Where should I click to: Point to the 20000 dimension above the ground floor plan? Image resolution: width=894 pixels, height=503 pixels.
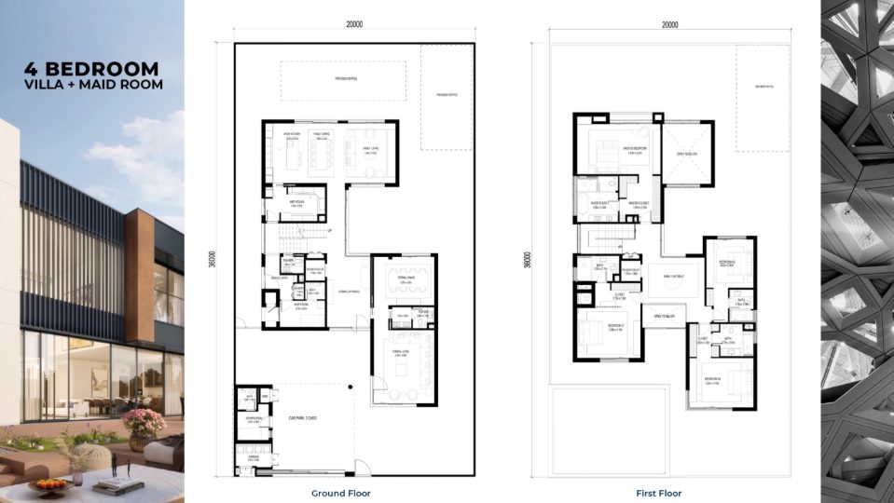pyautogui.click(x=354, y=25)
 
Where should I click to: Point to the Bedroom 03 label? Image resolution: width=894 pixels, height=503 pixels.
pyautogui.click(x=714, y=380)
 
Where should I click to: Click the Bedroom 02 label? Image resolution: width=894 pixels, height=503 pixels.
pyautogui.click(x=730, y=264)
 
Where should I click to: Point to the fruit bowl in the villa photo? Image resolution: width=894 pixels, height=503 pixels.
pyautogui.click(x=48, y=483)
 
